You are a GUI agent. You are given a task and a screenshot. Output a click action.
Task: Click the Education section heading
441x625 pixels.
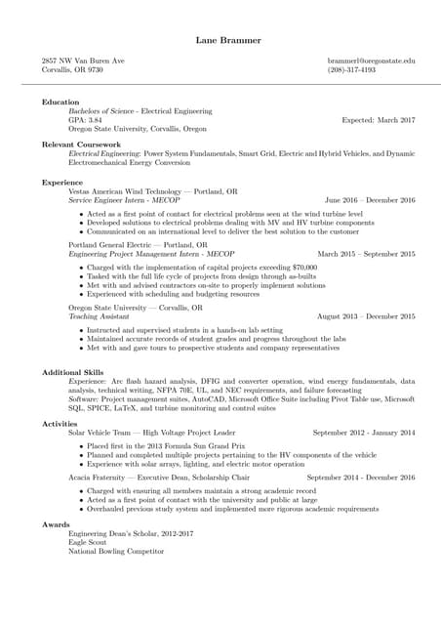click(x=60, y=102)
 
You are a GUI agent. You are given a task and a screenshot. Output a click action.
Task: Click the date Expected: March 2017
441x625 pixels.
click(x=378, y=119)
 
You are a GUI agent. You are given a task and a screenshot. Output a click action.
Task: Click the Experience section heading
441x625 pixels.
click(x=62, y=182)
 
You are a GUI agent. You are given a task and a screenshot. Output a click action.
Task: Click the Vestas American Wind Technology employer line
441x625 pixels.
click(x=151, y=191)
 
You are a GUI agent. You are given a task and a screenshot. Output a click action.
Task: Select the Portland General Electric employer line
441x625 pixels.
click(x=138, y=245)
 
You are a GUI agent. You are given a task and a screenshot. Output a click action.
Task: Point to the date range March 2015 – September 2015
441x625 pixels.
click(x=366, y=254)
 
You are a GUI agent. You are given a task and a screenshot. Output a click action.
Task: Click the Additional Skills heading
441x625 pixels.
click(x=73, y=371)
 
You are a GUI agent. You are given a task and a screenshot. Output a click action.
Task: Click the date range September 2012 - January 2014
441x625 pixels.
click(x=363, y=432)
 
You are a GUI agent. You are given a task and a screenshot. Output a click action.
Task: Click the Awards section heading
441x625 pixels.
click(x=56, y=523)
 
